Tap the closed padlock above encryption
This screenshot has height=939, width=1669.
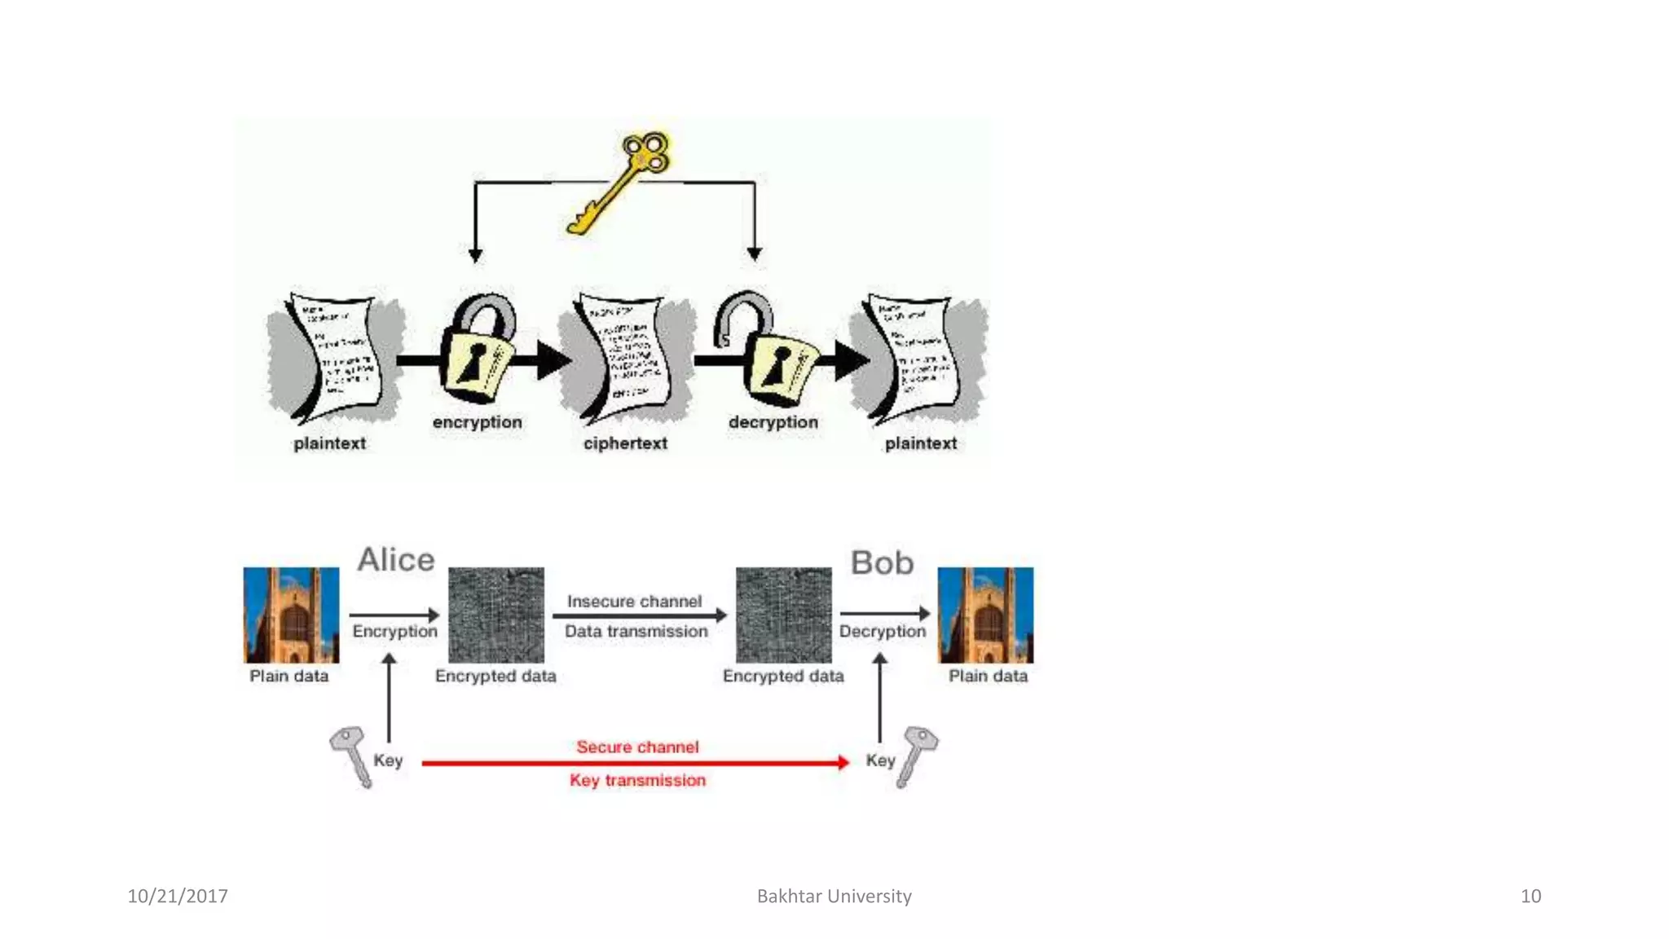(476, 350)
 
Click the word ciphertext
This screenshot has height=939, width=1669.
(625, 443)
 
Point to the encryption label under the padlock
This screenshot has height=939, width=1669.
(477, 422)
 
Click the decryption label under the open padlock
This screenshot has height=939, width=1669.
(773, 422)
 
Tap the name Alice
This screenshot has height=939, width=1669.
(396, 560)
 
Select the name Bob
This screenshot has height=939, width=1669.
(882, 563)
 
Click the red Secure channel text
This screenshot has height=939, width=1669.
(637, 747)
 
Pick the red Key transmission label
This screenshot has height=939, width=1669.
(637, 780)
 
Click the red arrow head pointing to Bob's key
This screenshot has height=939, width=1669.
(843, 763)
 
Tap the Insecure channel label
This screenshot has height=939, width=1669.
(634, 602)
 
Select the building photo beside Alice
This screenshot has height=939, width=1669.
(291, 615)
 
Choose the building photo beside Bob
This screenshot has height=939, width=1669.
(985, 615)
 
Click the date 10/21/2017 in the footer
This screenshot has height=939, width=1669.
(178, 896)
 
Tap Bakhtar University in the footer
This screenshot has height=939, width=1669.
(834, 896)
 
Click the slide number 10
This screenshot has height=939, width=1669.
(1530, 896)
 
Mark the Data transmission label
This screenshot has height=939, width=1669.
(636, 631)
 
